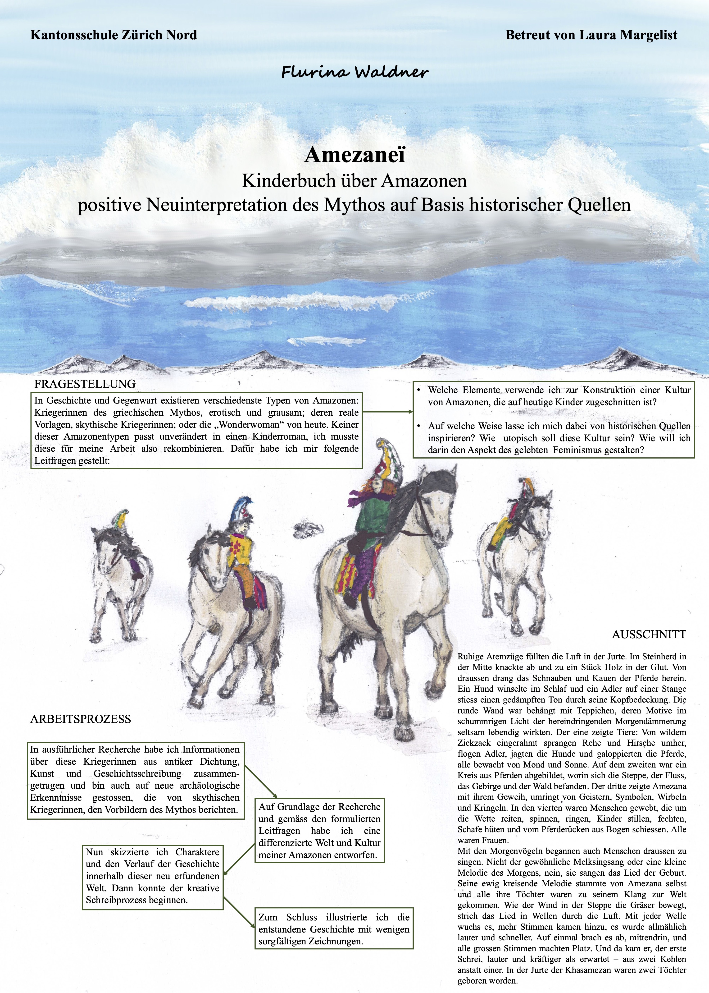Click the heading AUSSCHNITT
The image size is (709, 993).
649,634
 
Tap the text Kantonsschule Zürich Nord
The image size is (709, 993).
114,35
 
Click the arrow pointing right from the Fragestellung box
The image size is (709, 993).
388,412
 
